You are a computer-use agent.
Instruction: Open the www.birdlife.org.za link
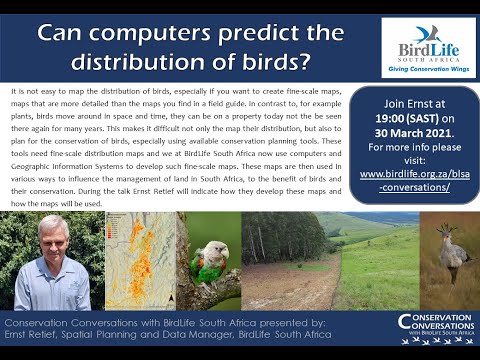pyautogui.click(x=411, y=173)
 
